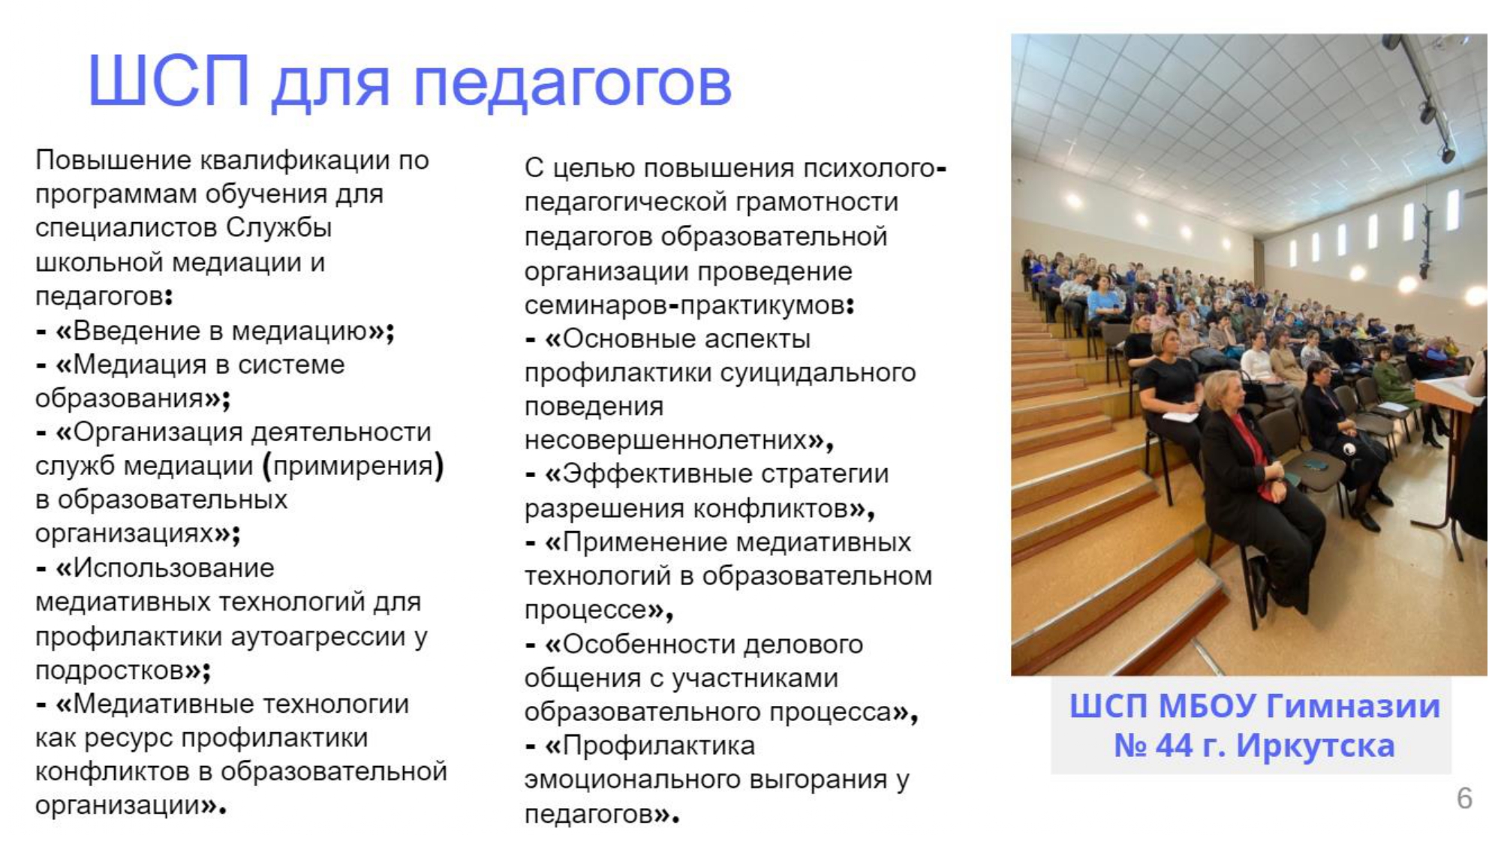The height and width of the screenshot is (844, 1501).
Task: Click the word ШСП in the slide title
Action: (x=169, y=80)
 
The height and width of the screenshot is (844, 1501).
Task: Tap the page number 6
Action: (x=1464, y=798)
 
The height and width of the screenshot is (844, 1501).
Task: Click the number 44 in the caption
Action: (x=1178, y=746)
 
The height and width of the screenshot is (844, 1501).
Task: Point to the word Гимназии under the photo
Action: (x=1353, y=707)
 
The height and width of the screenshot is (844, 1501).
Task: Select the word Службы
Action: (x=279, y=228)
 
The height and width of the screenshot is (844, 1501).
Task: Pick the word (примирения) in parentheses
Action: (x=353, y=466)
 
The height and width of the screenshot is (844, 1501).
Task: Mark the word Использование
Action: (x=173, y=568)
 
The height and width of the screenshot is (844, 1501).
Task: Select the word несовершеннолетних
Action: (x=666, y=440)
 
